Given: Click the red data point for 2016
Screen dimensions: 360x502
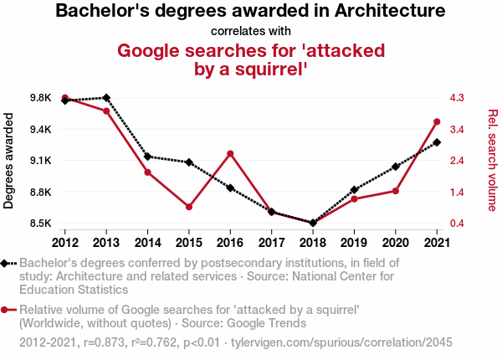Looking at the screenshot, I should tap(230, 153).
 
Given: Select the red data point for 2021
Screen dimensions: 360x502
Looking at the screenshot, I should tap(437, 122).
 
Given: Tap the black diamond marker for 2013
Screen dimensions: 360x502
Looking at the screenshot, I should tap(106, 98).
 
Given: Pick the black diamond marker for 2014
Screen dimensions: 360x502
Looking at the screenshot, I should tap(147, 157).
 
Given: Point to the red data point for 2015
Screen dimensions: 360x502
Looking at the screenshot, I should tap(189, 207).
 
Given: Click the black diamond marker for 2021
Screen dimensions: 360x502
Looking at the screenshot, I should tap(437, 142).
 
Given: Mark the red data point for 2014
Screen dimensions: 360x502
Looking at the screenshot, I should tap(147, 172).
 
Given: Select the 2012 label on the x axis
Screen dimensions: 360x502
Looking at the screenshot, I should tap(65, 242).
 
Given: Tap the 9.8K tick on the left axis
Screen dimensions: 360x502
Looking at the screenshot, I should tap(39, 98).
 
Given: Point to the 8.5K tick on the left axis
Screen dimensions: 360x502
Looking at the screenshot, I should tap(39, 224).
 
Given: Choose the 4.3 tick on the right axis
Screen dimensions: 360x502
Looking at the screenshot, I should tap(457, 98).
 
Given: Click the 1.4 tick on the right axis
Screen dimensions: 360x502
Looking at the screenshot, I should tap(457, 193).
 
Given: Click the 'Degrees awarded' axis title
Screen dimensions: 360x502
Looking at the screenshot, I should tap(9, 161).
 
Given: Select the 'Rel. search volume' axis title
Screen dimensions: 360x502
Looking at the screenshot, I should tap(493, 160).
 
